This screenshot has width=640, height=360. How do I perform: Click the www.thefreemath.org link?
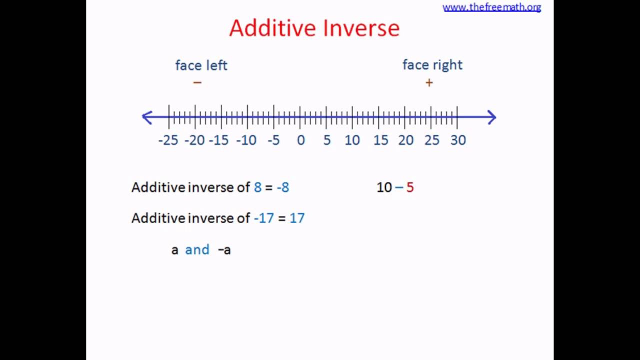491,7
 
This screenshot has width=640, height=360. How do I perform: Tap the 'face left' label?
201,65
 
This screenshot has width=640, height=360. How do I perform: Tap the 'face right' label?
432,65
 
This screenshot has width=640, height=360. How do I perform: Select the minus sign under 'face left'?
197,82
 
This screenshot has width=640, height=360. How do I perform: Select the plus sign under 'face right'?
429,83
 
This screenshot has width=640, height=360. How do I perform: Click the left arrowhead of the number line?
147,117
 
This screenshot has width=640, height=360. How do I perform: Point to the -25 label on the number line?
168,140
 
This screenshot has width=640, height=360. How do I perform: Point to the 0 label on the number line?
300,140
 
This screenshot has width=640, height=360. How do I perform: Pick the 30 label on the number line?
458,140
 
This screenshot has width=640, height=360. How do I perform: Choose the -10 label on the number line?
246,140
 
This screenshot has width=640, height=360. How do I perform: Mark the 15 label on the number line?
380,140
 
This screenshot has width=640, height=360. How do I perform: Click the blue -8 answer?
282,187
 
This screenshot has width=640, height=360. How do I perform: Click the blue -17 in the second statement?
263,218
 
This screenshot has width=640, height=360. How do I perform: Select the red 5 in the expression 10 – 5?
410,187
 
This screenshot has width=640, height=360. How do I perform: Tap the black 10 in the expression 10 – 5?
384,187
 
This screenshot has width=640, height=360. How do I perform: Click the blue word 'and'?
197,249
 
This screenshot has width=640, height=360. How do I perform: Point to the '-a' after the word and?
224,250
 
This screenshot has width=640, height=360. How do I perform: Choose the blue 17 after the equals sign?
297,218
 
